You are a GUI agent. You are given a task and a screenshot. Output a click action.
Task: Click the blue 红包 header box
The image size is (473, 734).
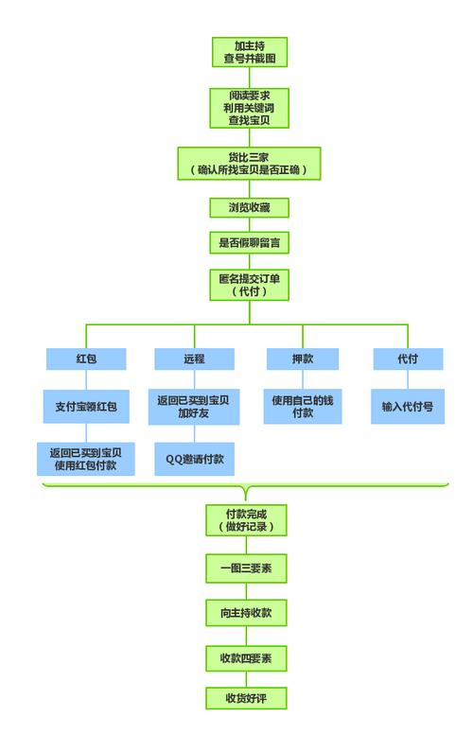click(86, 360)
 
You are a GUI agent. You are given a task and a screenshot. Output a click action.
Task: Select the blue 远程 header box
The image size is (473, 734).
click(195, 360)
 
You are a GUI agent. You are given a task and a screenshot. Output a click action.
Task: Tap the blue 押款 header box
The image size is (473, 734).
click(303, 360)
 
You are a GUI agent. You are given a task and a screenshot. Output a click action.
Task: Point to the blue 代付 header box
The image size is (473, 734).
click(408, 360)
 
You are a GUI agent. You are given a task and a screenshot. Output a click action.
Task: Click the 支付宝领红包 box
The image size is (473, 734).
click(86, 407)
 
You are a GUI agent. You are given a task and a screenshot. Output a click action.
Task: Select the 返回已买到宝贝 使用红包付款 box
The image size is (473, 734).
click(86, 458)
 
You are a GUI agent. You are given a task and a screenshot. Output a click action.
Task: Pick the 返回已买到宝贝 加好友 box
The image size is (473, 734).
click(195, 407)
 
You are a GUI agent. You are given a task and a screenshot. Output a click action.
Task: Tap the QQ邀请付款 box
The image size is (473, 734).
click(195, 458)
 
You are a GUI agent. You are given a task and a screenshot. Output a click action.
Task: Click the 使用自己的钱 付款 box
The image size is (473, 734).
click(303, 407)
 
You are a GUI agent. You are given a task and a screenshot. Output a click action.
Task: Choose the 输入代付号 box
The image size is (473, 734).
click(408, 407)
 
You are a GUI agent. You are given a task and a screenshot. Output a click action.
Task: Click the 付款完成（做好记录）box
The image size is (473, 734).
click(246, 520)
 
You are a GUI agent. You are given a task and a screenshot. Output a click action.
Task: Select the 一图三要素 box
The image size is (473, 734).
click(246, 568)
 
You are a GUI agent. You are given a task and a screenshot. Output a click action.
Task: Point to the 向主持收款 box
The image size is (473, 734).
click(246, 613)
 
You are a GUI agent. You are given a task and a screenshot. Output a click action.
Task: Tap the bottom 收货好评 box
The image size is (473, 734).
click(246, 698)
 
